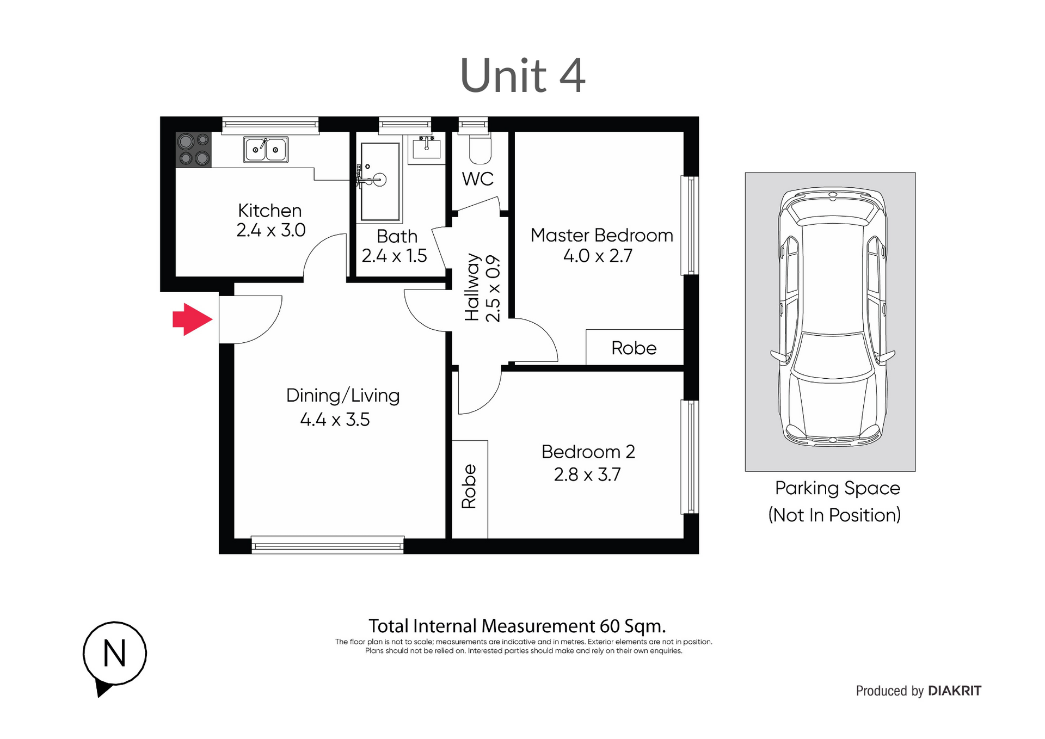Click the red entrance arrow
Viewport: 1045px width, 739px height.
point(192,319)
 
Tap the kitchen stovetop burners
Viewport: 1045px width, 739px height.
point(194,150)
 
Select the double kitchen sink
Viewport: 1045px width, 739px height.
point(266,150)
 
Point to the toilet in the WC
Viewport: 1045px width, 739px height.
point(480,149)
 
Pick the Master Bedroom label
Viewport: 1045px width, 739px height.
point(601,235)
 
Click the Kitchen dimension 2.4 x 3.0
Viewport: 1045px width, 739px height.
point(271,230)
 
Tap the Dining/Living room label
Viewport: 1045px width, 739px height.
point(343,396)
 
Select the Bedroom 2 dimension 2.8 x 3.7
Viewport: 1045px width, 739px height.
point(587,475)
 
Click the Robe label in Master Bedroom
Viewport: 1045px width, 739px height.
point(634,348)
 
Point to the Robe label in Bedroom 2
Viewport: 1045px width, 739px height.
point(469,486)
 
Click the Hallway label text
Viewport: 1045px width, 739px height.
point(472,287)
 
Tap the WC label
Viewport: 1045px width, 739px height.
point(478,178)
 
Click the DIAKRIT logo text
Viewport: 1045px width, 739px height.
point(955,691)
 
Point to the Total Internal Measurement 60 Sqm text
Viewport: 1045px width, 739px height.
point(517,626)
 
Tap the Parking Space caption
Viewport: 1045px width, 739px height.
point(837,488)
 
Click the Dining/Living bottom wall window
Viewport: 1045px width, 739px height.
point(328,545)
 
